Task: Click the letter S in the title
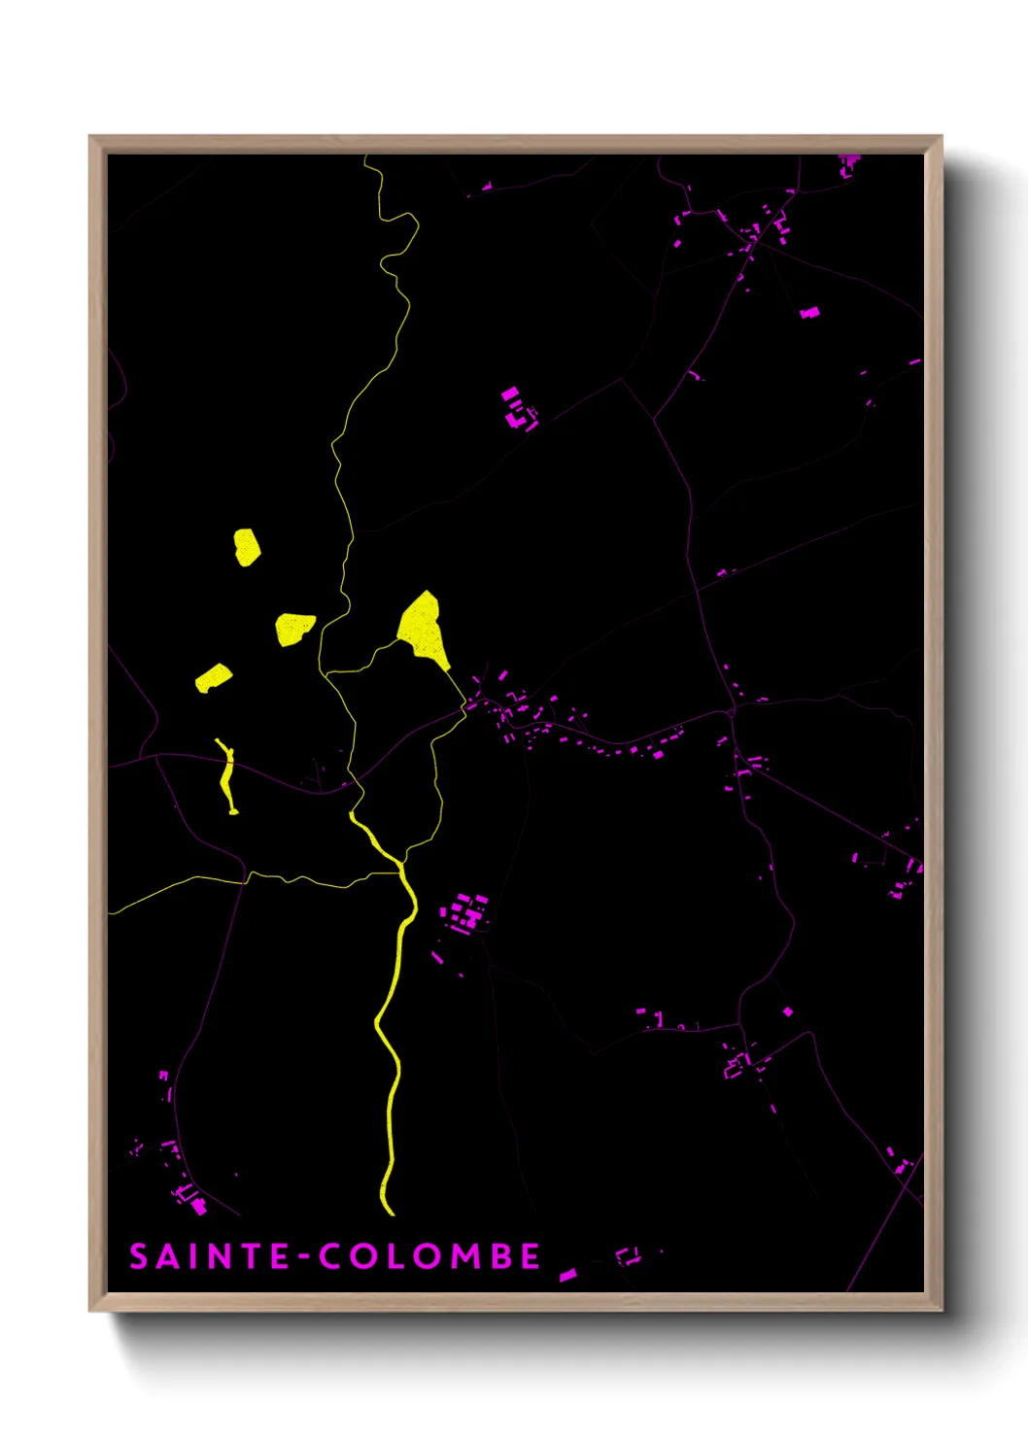coord(139,1256)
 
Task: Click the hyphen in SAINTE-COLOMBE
coord(305,1257)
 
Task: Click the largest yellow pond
coord(423,629)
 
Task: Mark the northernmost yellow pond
coord(247,546)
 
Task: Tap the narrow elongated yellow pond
coord(227,775)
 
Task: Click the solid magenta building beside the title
coord(567,1274)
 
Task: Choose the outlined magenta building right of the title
coord(629,1256)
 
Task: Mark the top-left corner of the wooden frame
coord(91,138)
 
